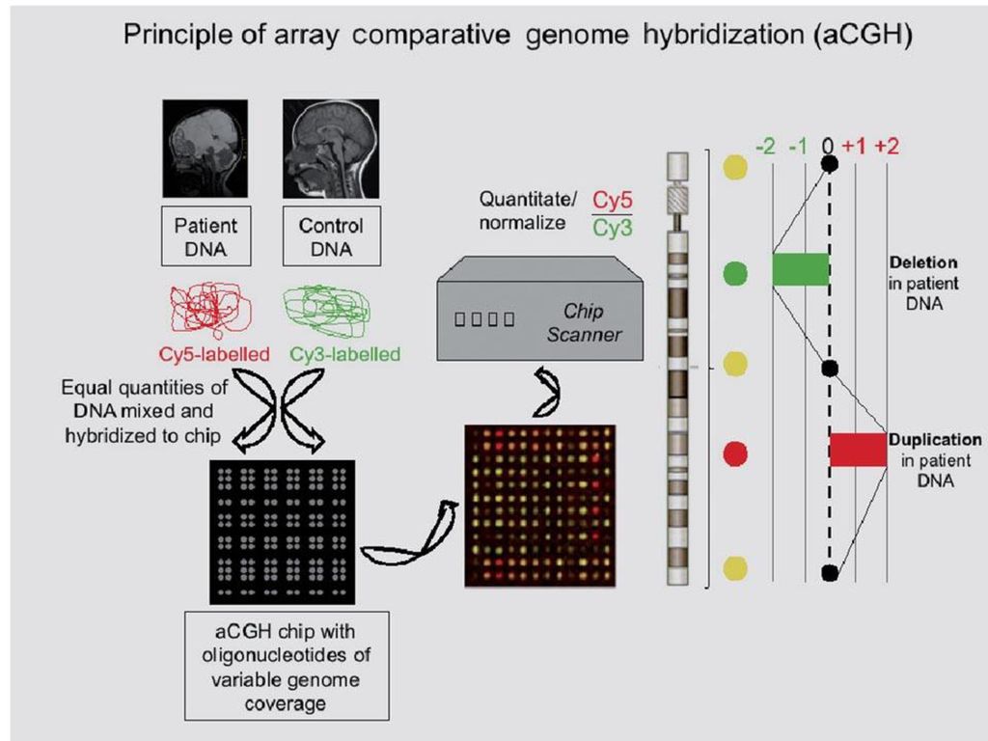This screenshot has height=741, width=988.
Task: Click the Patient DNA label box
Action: tap(206, 236)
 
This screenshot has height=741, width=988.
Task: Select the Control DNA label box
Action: tap(332, 236)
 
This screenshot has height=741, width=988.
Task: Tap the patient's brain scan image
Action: tap(206, 149)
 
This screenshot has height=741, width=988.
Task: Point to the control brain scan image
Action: tap(331, 149)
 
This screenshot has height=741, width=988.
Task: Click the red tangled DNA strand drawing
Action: tap(209, 310)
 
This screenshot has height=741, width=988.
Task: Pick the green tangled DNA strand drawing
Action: tap(326, 312)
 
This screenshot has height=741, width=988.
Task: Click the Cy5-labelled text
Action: tap(214, 354)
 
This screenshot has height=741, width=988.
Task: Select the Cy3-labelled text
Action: tap(344, 354)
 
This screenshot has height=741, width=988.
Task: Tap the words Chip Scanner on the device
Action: tap(584, 322)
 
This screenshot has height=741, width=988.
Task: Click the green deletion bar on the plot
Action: tap(801, 269)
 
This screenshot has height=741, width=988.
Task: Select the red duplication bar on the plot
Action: tap(858, 450)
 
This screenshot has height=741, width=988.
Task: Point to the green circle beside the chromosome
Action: tap(734, 273)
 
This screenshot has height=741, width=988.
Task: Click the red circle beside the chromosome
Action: tap(734, 453)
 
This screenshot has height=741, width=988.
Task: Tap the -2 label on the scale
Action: tap(765, 147)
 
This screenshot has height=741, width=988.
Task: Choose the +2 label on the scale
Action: tap(887, 147)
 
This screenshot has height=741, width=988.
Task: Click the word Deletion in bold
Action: tap(923, 262)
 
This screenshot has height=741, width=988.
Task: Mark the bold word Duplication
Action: tap(935, 439)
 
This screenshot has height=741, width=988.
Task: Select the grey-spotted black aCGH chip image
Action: tap(283, 533)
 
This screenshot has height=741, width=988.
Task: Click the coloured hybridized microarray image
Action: tap(540, 507)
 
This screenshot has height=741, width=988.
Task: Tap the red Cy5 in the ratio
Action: tap(612, 201)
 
